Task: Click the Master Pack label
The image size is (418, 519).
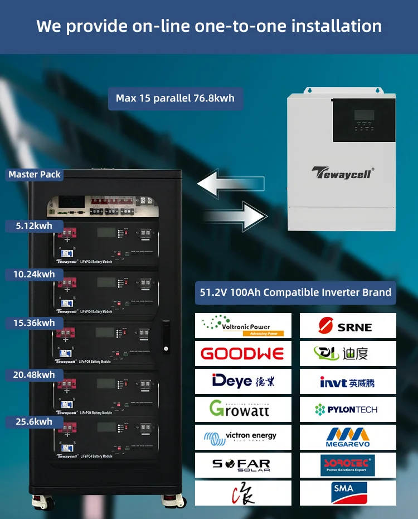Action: tap(35, 175)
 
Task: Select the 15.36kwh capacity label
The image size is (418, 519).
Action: tap(34, 323)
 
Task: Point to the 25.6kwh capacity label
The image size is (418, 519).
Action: tap(34, 422)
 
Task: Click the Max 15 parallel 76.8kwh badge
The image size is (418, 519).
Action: tap(175, 98)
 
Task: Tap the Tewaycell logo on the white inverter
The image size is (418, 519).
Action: tap(342, 172)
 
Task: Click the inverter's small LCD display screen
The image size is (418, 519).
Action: tap(364, 116)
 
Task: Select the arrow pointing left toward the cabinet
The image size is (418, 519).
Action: tap(230, 185)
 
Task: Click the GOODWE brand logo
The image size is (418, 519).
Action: tap(243, 353)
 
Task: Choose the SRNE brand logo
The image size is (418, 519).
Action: tap(348, 326)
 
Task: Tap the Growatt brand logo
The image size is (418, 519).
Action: tap(243, 409)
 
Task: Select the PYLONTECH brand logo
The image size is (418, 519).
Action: tap(348, 410)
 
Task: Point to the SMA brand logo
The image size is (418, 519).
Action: tap(344, 491)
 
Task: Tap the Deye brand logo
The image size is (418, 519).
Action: tap(243, 381)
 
